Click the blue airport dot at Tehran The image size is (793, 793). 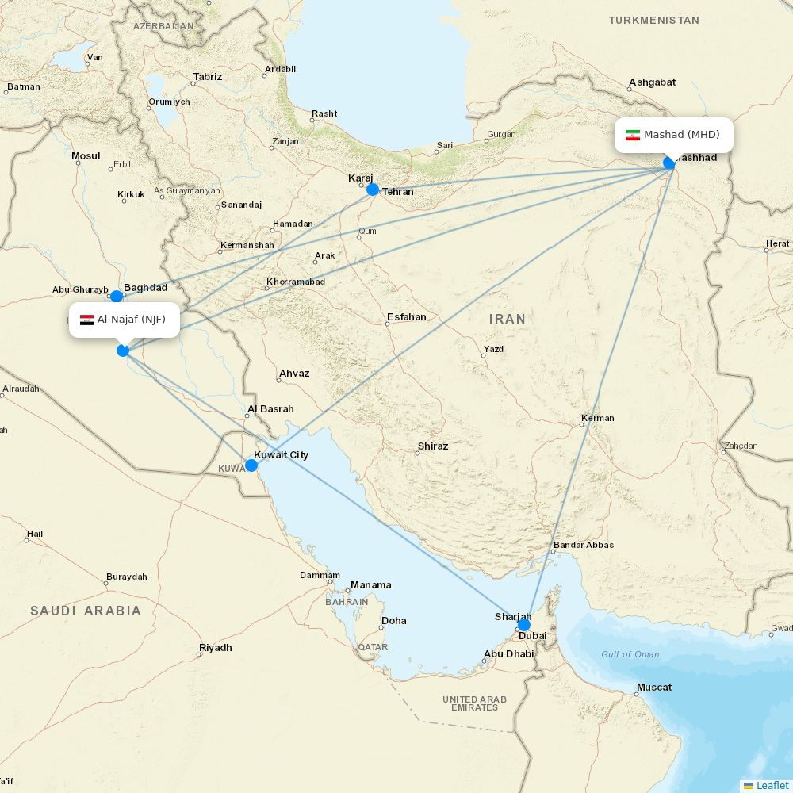pos(373,190)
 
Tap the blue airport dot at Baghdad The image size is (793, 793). pos(117,297)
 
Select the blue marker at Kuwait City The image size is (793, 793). pos(251,465)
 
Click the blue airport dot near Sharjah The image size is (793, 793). pos(523,624)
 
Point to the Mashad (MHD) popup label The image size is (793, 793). pos(674,135)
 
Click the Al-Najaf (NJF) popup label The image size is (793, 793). pos(125,320)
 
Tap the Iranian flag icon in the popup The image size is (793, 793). pos(632,135)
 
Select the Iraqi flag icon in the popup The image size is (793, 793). pos(86,320)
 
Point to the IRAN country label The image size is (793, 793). pos(507,319)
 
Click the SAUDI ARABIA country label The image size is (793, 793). pos(86,611)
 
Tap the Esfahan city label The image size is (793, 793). pos(406,317)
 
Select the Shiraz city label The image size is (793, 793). pos(432,446)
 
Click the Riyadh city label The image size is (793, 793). pos(216,648)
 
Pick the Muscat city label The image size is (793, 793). pos(654,688)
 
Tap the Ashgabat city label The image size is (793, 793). pos(652,82)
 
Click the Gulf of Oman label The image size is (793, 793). pos(630,654)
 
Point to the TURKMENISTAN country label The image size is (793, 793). pos(653,20)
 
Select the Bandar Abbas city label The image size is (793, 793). pos(583,545)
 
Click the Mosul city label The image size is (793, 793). pos(86,156)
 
